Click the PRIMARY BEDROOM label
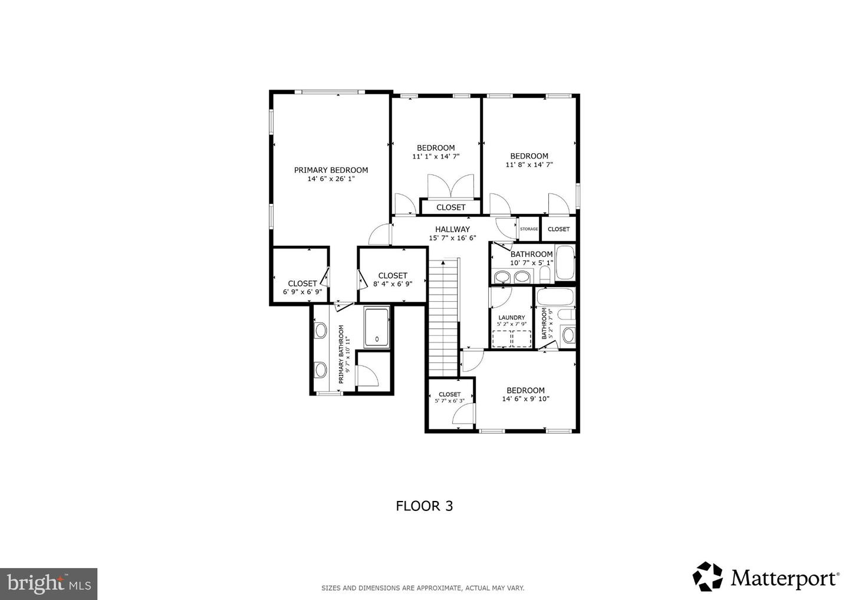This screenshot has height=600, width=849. [331, 170]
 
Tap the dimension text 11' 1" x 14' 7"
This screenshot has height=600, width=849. [435, 157]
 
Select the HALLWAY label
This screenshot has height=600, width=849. [452, 229]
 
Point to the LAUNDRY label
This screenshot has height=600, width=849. [511, 318]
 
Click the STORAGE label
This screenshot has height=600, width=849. [529, 229]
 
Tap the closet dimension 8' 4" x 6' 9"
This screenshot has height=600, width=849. [392, 283]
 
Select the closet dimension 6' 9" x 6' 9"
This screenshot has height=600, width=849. [302, 292]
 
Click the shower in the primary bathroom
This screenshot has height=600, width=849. [376, 327]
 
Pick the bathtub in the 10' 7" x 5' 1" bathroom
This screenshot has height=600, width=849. [564, 263]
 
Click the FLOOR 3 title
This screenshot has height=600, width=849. [424, 506]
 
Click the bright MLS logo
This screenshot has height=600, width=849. [48, 583]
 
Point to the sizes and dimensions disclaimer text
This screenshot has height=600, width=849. [422, 588]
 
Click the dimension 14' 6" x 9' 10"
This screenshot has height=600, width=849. [525, 399]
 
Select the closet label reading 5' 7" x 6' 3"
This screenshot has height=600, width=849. [449, 401]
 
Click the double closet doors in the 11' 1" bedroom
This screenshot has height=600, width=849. [450, 186]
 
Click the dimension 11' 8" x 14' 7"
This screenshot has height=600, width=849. [529, 165]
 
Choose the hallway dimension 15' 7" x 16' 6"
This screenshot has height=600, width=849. [452, 238]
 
